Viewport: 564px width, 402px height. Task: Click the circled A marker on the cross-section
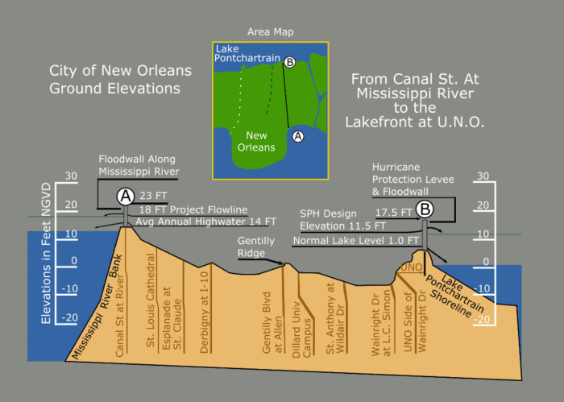click(125, 195)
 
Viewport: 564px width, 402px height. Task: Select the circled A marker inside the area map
click(297, 136)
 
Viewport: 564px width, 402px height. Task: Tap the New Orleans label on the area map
click(255, 142)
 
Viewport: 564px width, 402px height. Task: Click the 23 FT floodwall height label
click(152, 194)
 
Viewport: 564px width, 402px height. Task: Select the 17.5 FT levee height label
click(394, 212)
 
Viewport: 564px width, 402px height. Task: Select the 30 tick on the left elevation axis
click(71, 176)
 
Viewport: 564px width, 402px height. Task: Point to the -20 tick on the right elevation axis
click(484, 317)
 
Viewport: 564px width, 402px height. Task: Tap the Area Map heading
click(271, 32)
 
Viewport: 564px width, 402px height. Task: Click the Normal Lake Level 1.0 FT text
click(356, 240)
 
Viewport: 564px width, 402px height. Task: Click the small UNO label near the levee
click(411, 267)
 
